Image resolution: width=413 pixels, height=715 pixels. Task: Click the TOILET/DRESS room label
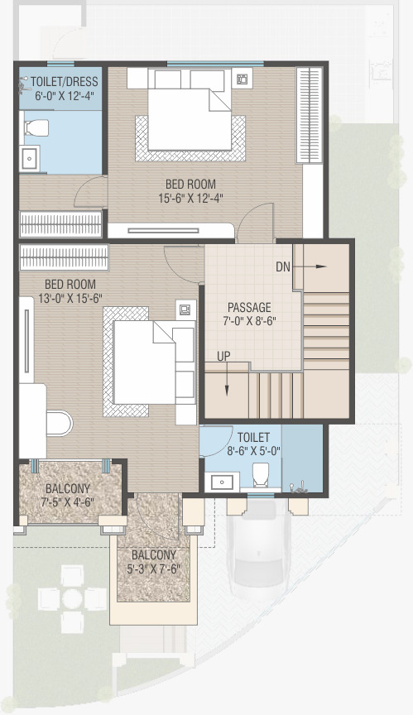(65, 82)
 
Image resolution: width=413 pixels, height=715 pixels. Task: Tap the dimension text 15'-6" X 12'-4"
(190, 199)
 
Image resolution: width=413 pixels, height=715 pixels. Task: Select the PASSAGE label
(249, 307)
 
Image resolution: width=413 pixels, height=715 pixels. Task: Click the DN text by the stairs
(283, 266)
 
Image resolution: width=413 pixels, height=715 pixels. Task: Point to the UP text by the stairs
(223, 356)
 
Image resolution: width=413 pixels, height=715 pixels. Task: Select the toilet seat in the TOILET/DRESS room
(36, 127)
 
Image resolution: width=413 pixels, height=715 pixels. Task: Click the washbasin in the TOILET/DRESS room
(30, 159)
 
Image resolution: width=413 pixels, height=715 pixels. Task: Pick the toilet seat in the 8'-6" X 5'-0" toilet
(261, 475)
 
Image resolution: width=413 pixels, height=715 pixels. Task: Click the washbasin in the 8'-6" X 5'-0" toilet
(222, 482)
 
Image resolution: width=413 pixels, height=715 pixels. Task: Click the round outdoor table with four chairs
(72, 598)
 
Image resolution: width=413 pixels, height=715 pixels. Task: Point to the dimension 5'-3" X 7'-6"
(154, 569)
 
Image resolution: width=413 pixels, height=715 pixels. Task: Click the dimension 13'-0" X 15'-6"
(70, 298)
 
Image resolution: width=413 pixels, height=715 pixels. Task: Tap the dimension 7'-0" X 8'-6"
(250, 321)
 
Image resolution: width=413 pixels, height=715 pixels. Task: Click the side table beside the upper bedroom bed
(242, 79)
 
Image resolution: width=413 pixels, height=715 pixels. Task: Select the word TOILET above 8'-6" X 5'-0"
(253, 437)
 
